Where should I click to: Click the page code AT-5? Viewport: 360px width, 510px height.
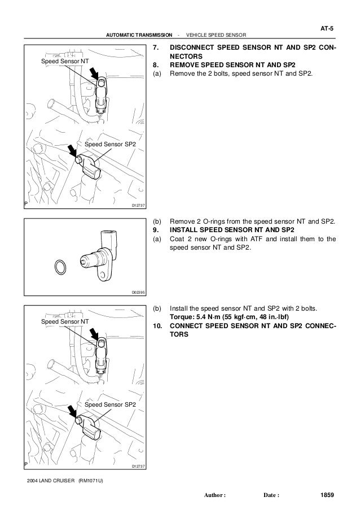326,27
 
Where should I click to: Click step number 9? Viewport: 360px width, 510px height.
156,229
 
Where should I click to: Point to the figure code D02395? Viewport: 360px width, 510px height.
138,292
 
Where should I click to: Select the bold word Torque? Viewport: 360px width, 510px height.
183,317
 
